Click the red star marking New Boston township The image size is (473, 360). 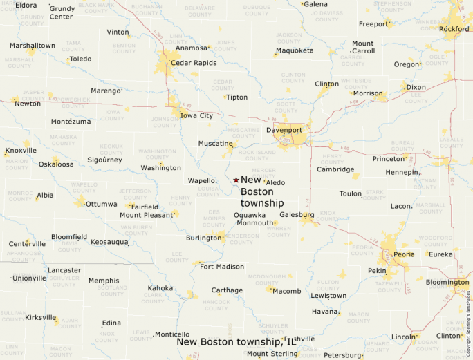[236, 180]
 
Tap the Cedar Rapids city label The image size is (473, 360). [194, 63]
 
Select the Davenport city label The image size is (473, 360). [284, 130]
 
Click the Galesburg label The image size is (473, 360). [297, 215]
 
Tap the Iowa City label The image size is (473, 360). [196, 115]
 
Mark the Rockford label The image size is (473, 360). [454, 29]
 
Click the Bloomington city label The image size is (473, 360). [447, 282]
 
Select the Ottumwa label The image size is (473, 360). [101, 205]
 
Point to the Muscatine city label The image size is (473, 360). [215, 144]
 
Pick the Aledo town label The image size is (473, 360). [275, 182]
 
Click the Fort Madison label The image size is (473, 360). [221, 267]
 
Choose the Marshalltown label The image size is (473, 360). [32, 46]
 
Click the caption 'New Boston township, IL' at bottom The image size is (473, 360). [236, 341]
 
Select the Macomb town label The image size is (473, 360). [286, 291]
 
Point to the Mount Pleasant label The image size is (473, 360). [146, 215]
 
